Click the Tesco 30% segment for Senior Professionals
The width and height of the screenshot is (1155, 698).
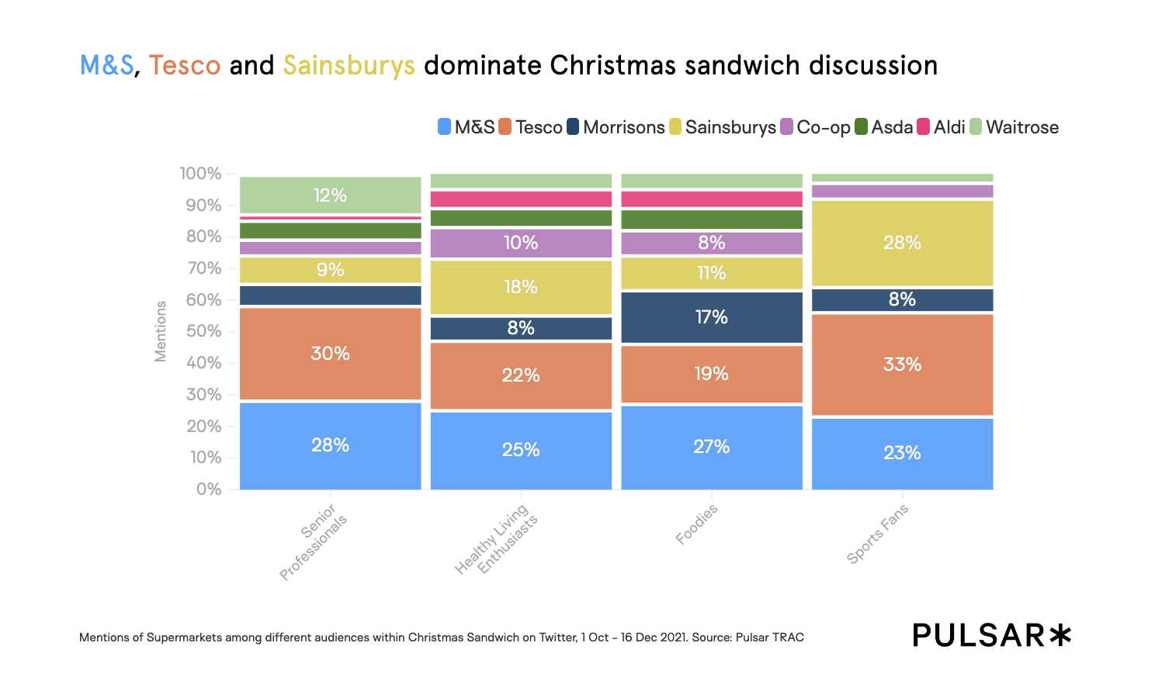pos(330,354)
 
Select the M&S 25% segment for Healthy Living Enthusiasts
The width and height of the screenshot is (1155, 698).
pos(521,450)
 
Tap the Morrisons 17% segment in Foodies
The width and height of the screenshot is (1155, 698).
pos(712,317)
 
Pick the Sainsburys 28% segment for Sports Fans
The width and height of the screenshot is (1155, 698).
pos(902,243)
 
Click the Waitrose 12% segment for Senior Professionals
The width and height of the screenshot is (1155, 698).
pos(330,195)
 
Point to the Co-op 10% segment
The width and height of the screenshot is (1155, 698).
pos(521,243)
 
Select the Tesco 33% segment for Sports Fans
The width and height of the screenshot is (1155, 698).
pos(902,365)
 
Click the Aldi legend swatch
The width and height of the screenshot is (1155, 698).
pos(924,127)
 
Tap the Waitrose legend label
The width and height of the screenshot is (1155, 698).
pos(1021,127)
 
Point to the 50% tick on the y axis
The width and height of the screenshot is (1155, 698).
pos(203,332)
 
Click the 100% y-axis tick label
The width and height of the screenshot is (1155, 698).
pos(200,174)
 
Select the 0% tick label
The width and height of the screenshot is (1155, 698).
pos(208,489)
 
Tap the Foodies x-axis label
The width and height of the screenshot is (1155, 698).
pos(696,524)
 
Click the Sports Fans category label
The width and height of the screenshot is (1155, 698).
pos(876,534)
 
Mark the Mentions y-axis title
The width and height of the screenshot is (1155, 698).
pos(161,331)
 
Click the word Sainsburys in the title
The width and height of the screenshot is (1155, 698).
pos(349,66)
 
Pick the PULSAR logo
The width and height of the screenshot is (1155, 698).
pos(991,635)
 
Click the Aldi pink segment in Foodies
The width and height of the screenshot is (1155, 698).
pos(712,199)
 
